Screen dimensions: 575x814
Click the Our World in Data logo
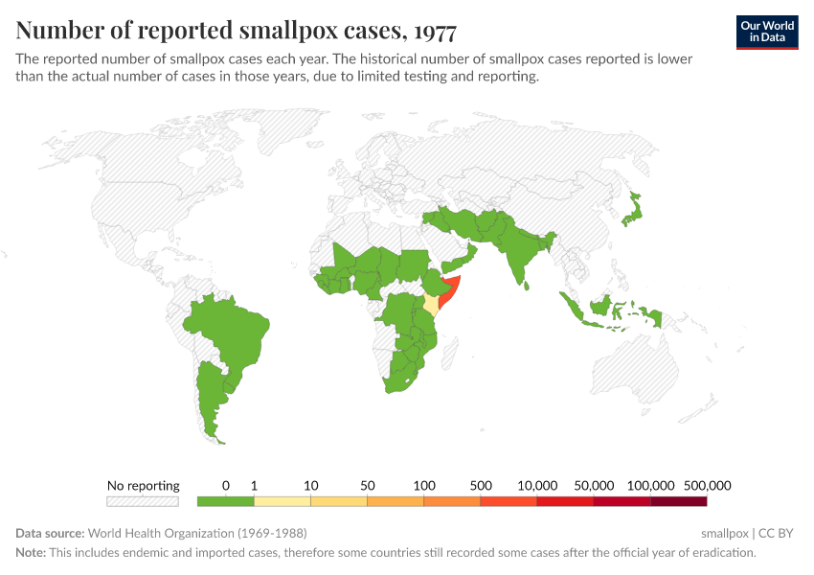point(767,32)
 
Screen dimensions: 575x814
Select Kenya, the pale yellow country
point(432,305)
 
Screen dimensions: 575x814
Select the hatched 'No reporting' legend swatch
point(143,500)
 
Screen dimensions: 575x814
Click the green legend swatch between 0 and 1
point(225,500)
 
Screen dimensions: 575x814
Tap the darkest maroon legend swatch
point(679,500)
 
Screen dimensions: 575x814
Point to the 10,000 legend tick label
point(537,485)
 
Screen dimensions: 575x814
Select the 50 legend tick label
point(367,485)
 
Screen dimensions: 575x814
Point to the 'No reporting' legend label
point(143,485)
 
